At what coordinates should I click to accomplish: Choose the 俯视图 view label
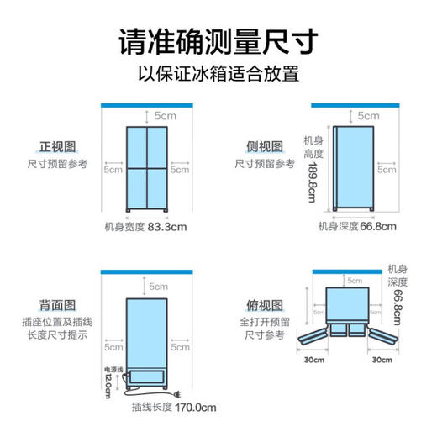point(262,304)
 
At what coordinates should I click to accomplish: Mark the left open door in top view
point(315,339)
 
